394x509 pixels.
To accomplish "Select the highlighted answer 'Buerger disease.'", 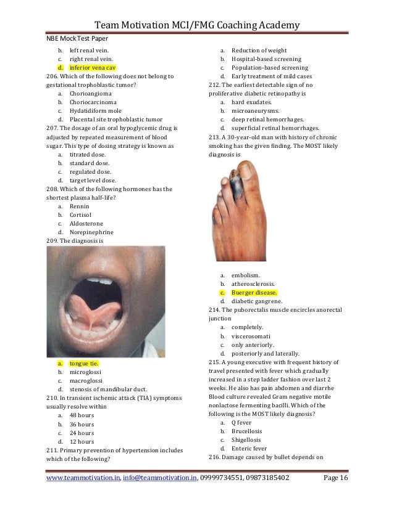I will coord(254,292).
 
